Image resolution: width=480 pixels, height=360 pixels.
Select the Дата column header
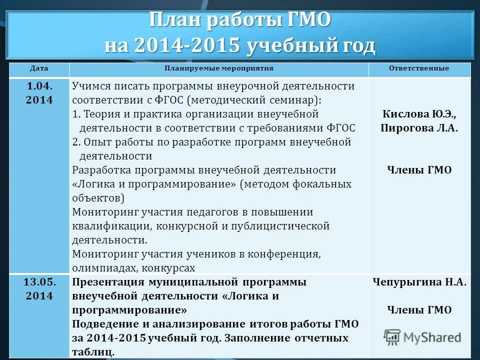38,68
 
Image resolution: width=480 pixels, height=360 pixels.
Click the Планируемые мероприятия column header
219,68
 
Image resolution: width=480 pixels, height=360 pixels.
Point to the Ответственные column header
419,68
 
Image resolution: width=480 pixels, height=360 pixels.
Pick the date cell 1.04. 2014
39,92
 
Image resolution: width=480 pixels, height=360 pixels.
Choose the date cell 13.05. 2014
39,288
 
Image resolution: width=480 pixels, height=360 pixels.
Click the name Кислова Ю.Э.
419,113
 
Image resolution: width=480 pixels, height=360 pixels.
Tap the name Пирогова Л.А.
419,127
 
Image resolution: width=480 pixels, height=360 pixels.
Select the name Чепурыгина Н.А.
419,282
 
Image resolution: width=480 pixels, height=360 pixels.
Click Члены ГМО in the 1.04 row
419,170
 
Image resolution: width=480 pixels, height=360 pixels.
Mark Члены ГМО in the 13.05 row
419,310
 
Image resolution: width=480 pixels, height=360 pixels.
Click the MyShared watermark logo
423,336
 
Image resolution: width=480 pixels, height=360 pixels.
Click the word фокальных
323,184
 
